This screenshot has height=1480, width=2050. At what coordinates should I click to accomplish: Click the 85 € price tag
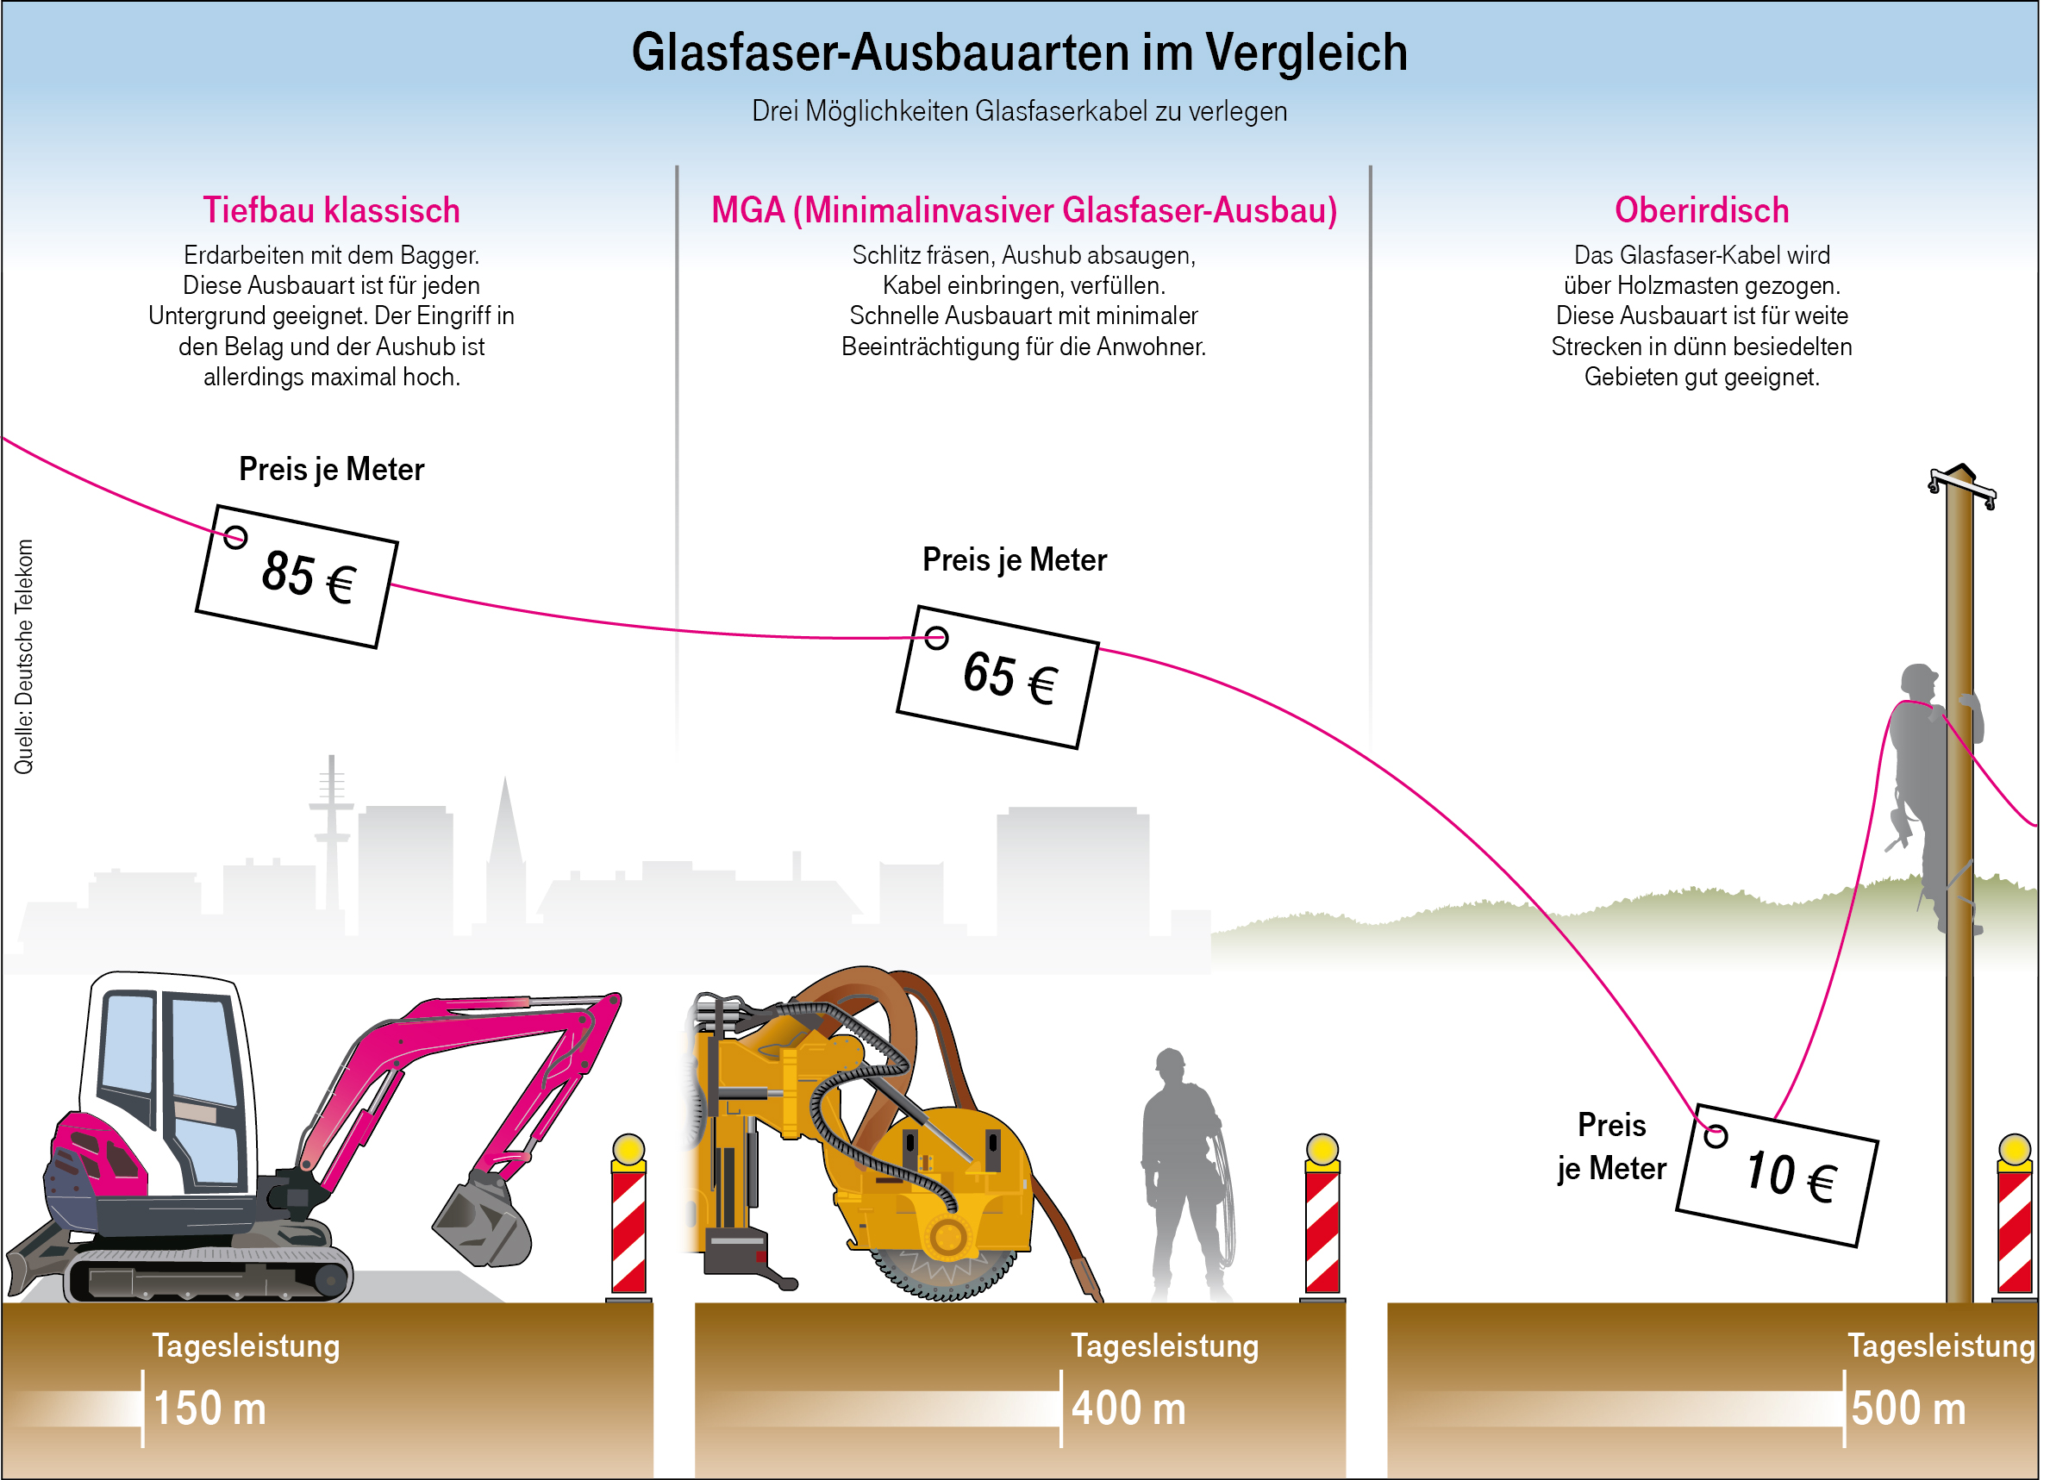(x=297, y=577)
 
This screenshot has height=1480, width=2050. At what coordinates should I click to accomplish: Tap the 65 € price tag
(x=998, y=677)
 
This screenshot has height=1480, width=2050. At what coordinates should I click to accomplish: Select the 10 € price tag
(x=1778, y=1176)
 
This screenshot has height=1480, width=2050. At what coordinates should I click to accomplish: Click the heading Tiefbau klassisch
(x=332, y=210)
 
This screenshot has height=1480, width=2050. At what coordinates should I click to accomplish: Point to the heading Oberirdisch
(x=1702, y=210)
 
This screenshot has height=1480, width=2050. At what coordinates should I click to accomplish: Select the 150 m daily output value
(x=209, y=1408)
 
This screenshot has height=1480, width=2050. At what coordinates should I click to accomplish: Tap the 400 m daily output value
(x=1129, y=1408)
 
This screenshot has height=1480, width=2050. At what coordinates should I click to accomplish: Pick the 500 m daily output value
(x=1908, y=1408)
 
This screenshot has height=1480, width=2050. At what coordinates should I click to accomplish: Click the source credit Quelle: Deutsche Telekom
(x=23, y=657)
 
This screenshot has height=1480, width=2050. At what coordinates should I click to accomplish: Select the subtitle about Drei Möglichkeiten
(x=1020, y=111)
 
